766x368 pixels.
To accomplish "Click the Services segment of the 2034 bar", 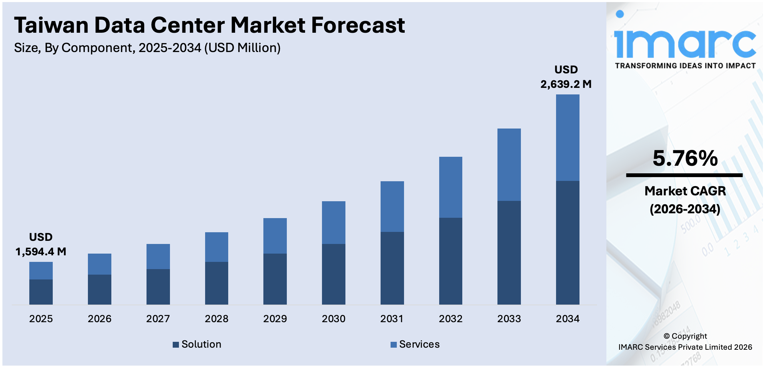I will coord(567,138).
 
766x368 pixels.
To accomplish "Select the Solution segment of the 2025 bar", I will coord(41,292).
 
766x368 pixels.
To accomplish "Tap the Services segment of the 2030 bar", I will coord(333,223).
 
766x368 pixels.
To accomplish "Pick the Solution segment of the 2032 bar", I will coord(451,261).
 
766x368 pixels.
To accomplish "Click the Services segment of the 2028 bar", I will coord(216,247).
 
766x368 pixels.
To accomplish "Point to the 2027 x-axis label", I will coord(158,319).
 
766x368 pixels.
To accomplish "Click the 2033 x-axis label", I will coord(509,319).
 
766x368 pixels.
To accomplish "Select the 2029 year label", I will coord(275,319).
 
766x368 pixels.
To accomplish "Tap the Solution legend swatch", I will coord(176,345).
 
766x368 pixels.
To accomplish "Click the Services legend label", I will coord(419,344).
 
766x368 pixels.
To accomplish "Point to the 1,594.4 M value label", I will coord(41,252).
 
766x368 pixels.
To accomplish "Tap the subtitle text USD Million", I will coord(242,48).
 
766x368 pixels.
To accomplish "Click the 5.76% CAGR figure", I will coord(685,159).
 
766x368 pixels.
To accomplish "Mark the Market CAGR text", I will coord(685,191).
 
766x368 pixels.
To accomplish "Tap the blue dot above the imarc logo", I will coord(620,14).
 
